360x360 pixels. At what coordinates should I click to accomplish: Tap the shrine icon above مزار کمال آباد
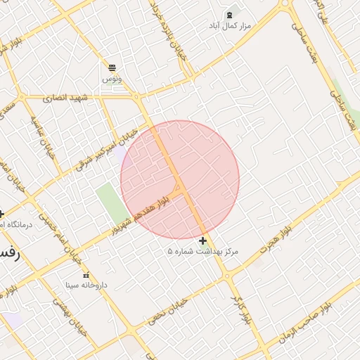(x=230, y=14)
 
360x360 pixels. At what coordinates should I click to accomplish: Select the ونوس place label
(x=112, y=79)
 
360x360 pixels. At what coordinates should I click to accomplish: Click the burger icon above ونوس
(x=112, y=67)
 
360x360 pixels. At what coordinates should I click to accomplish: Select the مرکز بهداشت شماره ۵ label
(x=203, y=251)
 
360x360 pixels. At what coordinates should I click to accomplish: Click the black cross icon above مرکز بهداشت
(x=203, y=240)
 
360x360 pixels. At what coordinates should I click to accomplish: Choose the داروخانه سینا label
(x=86, y=285)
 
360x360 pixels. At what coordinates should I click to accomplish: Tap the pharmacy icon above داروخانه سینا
(x=86, y=275)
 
